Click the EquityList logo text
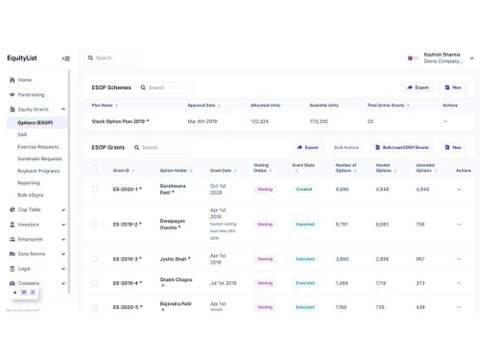(x=22, y=58)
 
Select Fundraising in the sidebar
(x=31, y=94)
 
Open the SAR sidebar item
(x=23, y=134)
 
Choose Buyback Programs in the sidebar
(x=39, y=170)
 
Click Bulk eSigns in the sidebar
(x=31, y=194)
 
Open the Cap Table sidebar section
(x=30, y=209)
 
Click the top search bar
(x=125, y=58)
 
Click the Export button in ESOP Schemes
(x=417, y=87)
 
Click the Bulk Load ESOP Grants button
(x=402, y=147)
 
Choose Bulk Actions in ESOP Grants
(x=347, y=147)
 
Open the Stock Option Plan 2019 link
(x=118, y=122)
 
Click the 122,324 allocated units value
(x=259, y=122)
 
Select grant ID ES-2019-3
(x=126, y=259)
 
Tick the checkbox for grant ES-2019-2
(x=94, y=225)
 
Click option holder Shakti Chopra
(x=176, y=280)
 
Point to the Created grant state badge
(x=304, y=189)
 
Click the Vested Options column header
(x=382, y=168)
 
